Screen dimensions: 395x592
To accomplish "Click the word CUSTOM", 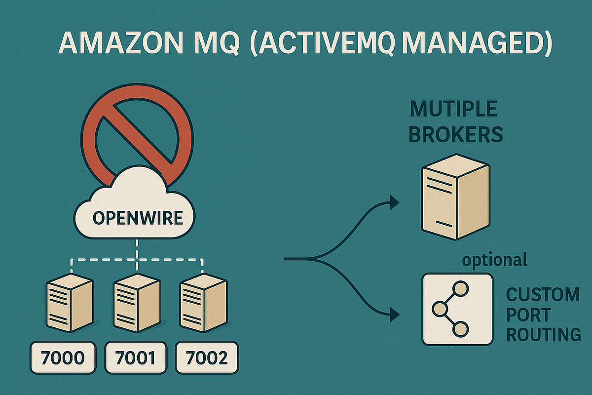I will [x=543, y=295].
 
